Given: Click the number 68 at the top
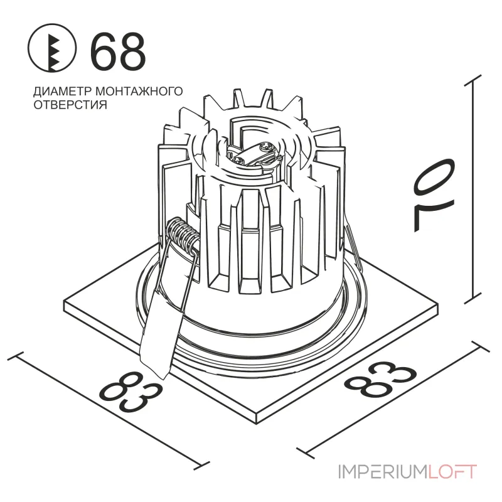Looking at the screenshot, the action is (x=118, y=51).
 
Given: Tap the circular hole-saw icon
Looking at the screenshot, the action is (x=52, y=48).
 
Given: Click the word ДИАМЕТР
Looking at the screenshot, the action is (x=62, y=92).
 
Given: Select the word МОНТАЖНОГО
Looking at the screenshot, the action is (x=139, y=91).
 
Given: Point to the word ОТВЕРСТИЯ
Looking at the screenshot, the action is (x=70, y=105).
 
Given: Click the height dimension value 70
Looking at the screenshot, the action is (x=434, y=195).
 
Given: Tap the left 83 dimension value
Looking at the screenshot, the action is (x=130, y=392).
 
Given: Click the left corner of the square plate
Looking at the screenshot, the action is (x=65, y=302).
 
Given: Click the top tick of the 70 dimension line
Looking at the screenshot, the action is (x=473, y=80).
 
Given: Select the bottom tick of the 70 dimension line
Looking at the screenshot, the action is (x=473, y=297).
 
